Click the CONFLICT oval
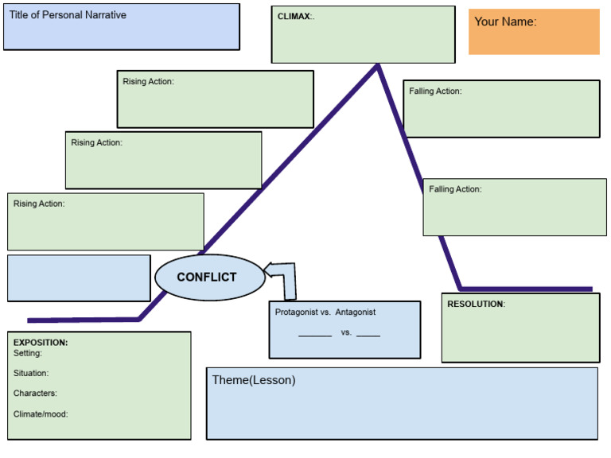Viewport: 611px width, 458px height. [207, 278]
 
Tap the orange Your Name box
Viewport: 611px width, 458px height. [534, 32]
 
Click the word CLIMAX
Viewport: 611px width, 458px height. [294, 16]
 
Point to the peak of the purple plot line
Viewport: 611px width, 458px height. [378, 66]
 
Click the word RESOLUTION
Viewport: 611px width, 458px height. [475, 304]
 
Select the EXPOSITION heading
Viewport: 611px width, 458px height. [41, 343]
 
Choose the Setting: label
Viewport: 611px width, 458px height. [28, 353]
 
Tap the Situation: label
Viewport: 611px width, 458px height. [31, 373]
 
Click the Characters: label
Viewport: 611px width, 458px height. [35, 393]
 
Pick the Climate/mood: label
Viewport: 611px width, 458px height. [41, 413]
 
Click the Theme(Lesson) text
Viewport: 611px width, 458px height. [253, 380]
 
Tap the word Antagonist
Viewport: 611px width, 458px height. [356, 312]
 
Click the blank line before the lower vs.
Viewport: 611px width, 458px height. [315, 335]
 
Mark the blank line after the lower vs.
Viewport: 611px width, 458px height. [368, 335]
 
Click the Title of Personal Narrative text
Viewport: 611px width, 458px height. [68, 15]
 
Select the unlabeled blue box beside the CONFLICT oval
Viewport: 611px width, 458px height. [79, 278]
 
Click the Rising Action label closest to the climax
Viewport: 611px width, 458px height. [148, 81]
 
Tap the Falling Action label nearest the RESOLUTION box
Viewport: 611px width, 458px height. [455, 189]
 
